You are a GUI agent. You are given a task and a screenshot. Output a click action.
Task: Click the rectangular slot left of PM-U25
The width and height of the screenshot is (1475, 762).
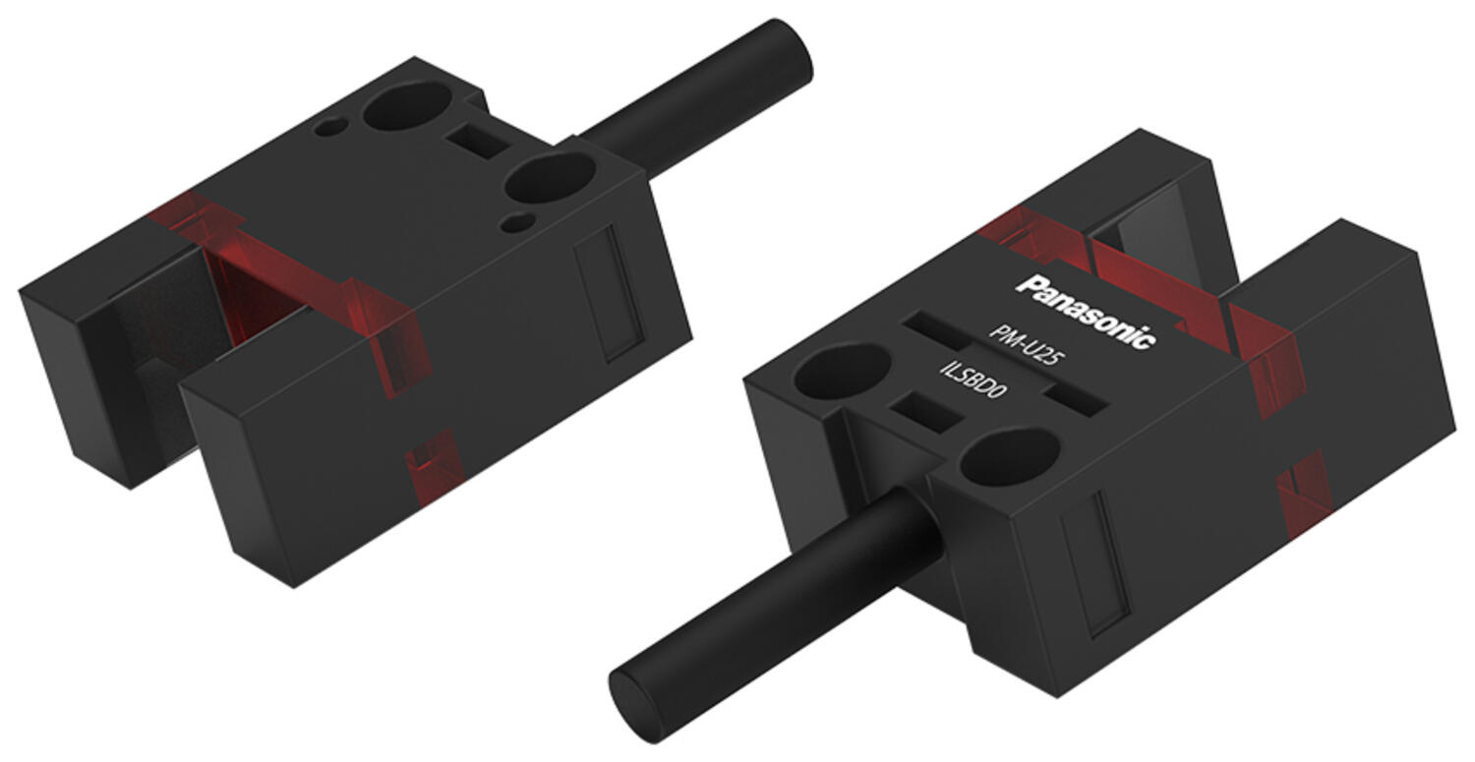pos(937,329)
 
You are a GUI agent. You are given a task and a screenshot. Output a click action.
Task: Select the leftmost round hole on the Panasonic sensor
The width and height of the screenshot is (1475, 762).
pos(841,371)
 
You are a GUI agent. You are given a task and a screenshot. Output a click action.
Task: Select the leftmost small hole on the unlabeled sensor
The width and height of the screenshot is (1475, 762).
pos(330,127)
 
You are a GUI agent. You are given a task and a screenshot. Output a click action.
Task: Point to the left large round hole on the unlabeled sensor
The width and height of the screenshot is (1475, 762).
pos(406,105)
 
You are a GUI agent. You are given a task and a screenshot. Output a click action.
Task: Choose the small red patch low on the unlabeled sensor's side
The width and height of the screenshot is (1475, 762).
pos(434,466)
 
